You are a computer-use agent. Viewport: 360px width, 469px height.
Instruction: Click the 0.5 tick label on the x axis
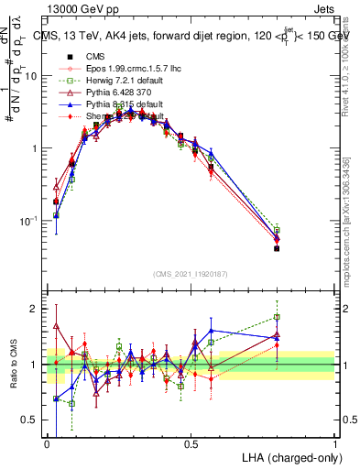[x=191, y=442]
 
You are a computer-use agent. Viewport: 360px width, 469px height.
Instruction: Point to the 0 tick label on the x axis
[x=47, y=442]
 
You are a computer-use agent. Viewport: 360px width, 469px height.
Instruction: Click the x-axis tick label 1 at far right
[x=334, y=442]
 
